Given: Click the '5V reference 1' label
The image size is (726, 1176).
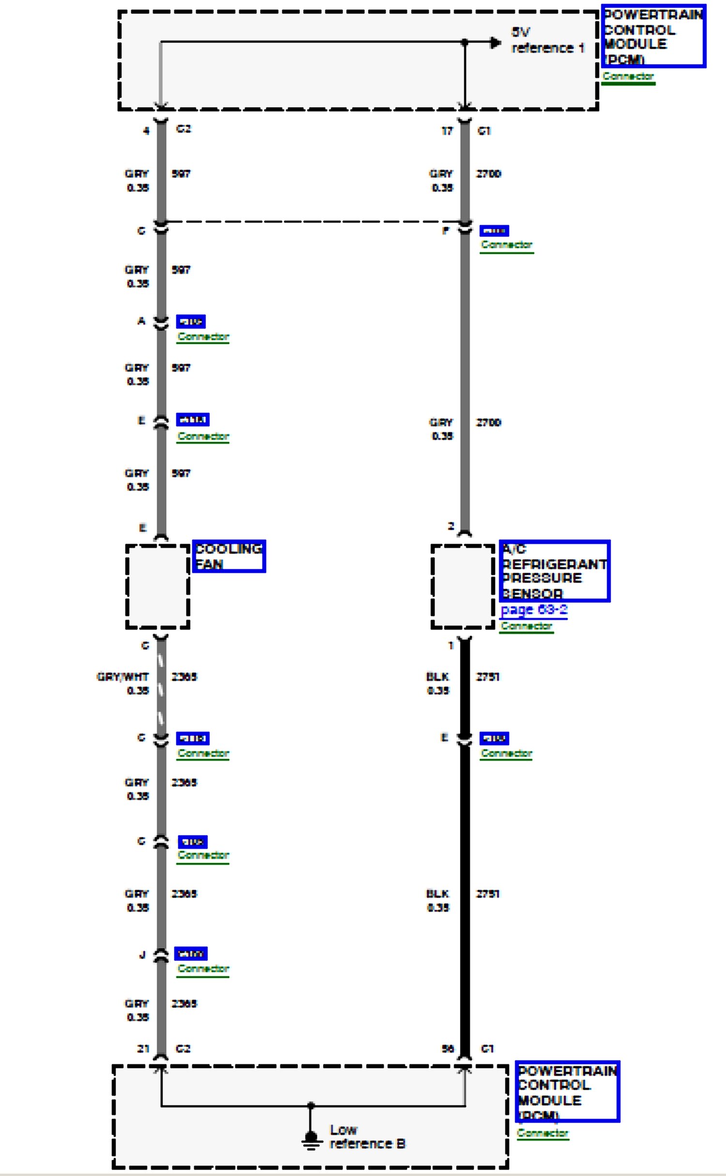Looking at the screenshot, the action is click(547, 40).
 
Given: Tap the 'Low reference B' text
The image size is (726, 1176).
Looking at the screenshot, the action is click(367, 1136).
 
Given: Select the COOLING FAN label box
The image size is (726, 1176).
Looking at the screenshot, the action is click(229, 556).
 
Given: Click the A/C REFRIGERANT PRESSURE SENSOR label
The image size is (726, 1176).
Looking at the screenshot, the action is click(555, 571).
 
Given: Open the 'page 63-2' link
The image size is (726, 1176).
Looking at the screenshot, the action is click(534, 609).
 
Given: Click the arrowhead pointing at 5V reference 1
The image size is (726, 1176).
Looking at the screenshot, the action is click(495, 43).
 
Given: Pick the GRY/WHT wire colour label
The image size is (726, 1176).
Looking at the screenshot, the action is click(122, 677).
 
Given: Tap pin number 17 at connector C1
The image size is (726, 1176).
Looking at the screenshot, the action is click(447, 131).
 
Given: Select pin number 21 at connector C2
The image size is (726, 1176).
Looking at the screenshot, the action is click(143, 1048).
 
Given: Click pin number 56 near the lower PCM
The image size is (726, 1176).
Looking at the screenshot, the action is click(448, 1048).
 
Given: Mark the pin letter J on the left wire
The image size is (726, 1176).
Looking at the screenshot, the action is click(142, 955).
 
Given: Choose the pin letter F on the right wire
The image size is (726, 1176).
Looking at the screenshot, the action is click(446, 230).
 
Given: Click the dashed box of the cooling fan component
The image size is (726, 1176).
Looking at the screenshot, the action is click(158, 587).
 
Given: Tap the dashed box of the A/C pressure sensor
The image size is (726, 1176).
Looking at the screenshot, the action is click(463, 587).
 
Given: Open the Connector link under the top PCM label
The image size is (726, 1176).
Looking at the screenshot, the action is click(628, 76).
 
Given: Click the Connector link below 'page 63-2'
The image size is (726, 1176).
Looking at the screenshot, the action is click(526, 626).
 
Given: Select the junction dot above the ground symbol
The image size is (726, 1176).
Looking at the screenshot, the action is click(311, 1105).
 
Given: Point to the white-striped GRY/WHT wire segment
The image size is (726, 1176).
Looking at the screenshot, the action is click(161, 687).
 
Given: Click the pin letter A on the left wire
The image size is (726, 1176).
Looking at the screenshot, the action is click(141, 321).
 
